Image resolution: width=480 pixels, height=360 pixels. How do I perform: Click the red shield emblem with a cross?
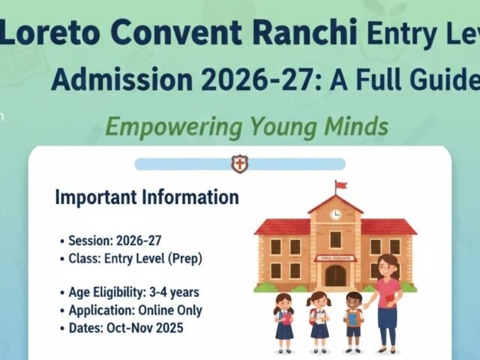[x=239, y=163]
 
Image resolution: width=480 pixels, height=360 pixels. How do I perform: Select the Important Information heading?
[x=147, y=198]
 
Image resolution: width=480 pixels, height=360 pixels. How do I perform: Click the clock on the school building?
[x=335, y=214]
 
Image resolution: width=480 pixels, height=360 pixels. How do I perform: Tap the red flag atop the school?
[x=340, y=185]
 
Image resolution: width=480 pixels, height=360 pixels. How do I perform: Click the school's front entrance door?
[x=335, y=274]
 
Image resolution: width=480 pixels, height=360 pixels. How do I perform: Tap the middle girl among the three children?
[x=319, y=315]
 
